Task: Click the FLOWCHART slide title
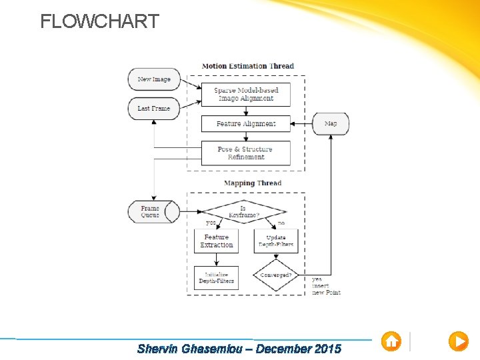[99, 21]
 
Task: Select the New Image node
[154, 79]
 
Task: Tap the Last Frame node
[154, 109]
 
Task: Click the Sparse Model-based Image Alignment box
[246, 95]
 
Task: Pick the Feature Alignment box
[246, 124]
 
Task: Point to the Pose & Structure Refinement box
[246, 153]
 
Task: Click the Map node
[331, 124]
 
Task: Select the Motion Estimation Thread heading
[248, 66]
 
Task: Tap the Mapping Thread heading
[253, 183]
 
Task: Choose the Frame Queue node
[153, 212]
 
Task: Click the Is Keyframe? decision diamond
[243, 212]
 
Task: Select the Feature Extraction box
[217, 241]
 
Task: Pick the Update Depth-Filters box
[276, 241]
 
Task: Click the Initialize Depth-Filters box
[217, 278]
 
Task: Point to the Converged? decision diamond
[276, 275]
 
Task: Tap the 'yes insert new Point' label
[326, 286]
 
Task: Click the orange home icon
[391, 341]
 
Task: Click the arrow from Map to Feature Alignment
[303, 124]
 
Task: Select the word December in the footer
[283, 349]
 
